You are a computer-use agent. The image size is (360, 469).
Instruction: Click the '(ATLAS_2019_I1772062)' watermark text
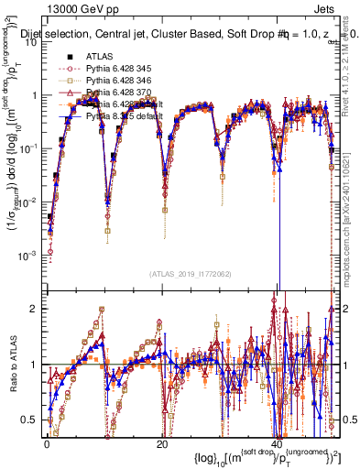[x=191, y=274]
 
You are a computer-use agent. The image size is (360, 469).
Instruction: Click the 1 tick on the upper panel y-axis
[x=37, y=94]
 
